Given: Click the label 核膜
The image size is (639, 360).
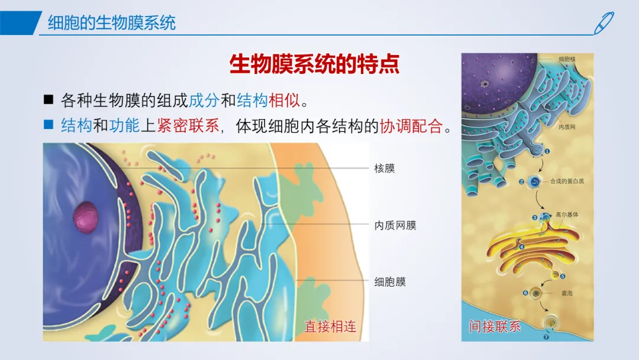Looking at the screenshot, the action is (385, 168).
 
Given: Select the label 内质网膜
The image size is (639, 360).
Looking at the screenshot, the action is (395, 226).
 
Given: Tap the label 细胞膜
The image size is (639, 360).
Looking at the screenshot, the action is (390, 282).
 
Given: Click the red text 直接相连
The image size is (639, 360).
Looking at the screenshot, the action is (330, 327).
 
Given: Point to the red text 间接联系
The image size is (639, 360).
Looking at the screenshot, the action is (494, 327).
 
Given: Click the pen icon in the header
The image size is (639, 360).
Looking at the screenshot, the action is (603, 23).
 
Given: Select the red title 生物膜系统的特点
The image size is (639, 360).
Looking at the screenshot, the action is (314, 64).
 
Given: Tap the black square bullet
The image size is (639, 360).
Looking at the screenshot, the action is (49, 99).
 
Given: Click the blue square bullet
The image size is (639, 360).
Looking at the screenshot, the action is (49, 124).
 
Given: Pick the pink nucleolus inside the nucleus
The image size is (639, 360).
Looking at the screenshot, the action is (86, 218).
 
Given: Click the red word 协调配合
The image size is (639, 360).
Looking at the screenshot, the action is (411, 126).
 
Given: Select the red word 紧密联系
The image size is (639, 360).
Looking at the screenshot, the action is (188, 126).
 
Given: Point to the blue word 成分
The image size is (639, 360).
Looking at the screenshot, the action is (204, 100).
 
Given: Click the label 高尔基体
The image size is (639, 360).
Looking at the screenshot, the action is (567, 214).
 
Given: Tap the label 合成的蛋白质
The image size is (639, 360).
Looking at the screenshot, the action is (567, 181).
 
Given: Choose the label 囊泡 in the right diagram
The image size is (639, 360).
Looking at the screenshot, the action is (567, 293).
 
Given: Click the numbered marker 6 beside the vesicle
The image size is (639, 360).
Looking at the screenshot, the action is (525, 292).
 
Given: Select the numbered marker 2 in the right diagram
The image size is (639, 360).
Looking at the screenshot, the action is (522, 181).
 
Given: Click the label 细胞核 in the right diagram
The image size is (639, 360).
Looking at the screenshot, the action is (567, 59).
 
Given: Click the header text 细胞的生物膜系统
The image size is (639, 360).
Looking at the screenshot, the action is (112, 22).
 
